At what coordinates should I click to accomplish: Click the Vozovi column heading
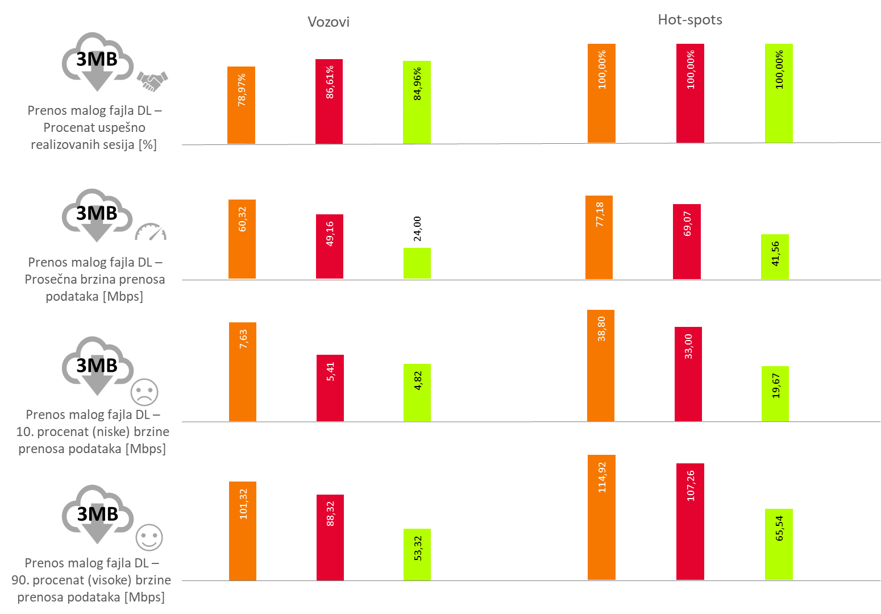click(328, 22)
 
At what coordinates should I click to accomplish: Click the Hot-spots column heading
click(689, 20)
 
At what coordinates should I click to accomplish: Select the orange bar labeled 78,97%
click(241, 106)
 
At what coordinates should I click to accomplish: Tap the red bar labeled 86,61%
click(329, 102)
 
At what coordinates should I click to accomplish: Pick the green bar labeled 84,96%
click(417, 103)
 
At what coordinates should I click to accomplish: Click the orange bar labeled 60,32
click(242, 239)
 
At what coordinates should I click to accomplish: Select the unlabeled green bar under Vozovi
click(417, 263)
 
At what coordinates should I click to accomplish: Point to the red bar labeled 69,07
click(687, 242)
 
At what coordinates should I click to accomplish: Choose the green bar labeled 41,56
click(775, 257)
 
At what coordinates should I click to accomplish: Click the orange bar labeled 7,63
click(243, 372)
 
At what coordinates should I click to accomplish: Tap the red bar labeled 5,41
click(330, 388)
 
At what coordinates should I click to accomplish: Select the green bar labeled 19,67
click(775, 394)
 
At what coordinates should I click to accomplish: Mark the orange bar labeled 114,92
click(601, 517)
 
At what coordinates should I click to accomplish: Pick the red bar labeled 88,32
click(330, 538)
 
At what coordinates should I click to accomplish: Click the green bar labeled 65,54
click(779, 545)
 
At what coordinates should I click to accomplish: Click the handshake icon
click(152, 81)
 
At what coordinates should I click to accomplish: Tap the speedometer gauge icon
click(151, 232)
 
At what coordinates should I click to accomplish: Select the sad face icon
click(144, 392)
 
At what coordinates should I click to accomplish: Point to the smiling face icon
click(149, 537)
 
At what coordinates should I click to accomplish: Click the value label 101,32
click(243, 504)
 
